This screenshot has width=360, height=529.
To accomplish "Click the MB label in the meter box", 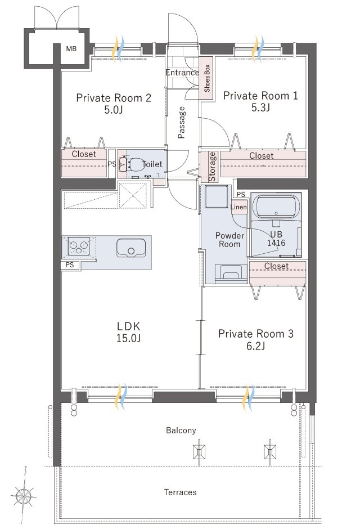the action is click(x=71, y=49).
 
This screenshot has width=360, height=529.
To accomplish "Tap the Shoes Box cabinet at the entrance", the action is click(x=206, y=78).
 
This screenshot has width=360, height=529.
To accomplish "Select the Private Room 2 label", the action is click(x=114, y=98).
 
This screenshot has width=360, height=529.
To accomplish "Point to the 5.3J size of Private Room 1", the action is click(x=260, y=107).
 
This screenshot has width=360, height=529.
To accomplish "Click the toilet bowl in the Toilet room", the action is click(x=134, y=164).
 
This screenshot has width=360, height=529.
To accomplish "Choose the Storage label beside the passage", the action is click(x=212, y=167).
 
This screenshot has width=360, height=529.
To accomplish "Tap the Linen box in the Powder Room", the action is click(x=238, y=207).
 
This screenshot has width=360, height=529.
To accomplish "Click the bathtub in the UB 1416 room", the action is click(x=276, y=207).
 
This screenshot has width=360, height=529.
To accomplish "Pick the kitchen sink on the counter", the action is click(x=131, y=248).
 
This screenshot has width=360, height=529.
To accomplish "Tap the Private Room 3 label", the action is click(x=256, y=334).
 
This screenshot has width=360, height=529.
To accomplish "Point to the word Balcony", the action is click(x=181, y=431).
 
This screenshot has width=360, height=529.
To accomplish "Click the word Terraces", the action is click(x=181, y=492).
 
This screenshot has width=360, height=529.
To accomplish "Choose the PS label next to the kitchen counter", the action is click(x=69, y=265).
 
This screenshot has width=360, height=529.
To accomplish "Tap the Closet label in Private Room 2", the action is click(x=84, y=154).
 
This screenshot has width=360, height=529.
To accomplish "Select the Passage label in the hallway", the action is click(x=182, y=122).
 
